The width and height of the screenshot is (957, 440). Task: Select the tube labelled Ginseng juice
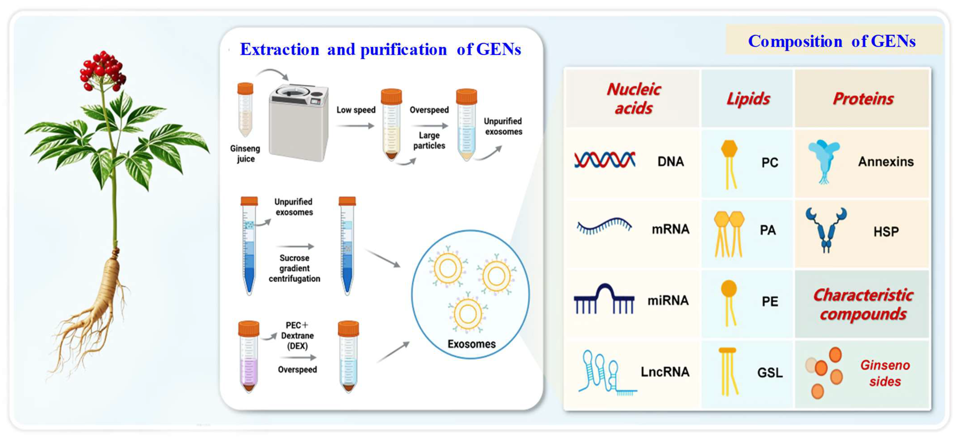point(245,110)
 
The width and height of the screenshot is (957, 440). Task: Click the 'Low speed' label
point(356,110)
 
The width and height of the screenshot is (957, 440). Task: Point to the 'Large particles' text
point(429,141)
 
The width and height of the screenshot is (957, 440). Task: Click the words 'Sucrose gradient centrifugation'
point(294,268)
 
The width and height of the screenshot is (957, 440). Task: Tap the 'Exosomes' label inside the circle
point(471,344)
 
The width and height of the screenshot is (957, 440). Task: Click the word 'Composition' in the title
point(795,41)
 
